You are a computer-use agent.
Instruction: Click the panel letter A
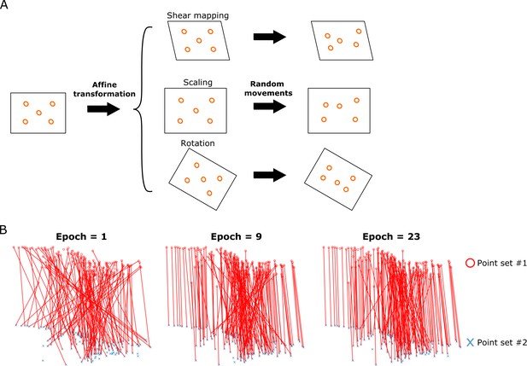(x=3, y=5)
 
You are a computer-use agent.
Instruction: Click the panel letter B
(x=3, y=230)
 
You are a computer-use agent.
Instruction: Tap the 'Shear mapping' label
(x=197, y=15)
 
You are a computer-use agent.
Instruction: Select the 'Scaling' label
(x=197, y=83)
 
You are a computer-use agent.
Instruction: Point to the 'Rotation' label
(x=197, y=143)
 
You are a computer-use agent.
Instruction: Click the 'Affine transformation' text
(x=104, y=90)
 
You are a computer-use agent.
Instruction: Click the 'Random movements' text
(x=268, y=89)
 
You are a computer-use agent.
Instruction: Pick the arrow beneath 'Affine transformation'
(x=103, y=109)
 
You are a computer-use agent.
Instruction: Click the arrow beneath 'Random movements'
(x=270, y=106)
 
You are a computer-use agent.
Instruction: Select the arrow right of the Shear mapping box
(x=270, y=37)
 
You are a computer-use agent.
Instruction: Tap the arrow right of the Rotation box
(x=270, y=175)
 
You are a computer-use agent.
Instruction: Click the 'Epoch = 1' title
(x=81, y=236)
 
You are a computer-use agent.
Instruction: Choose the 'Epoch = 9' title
(x=237, y=236)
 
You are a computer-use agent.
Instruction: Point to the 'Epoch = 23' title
(x=391, y=236)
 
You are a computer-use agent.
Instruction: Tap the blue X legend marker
(x=470, y=342)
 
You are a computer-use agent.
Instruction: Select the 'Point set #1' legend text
(x=501, y=263)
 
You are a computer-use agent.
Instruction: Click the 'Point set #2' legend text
(x=501, y=342)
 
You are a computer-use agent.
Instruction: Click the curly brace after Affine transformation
(x=143, y=109)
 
